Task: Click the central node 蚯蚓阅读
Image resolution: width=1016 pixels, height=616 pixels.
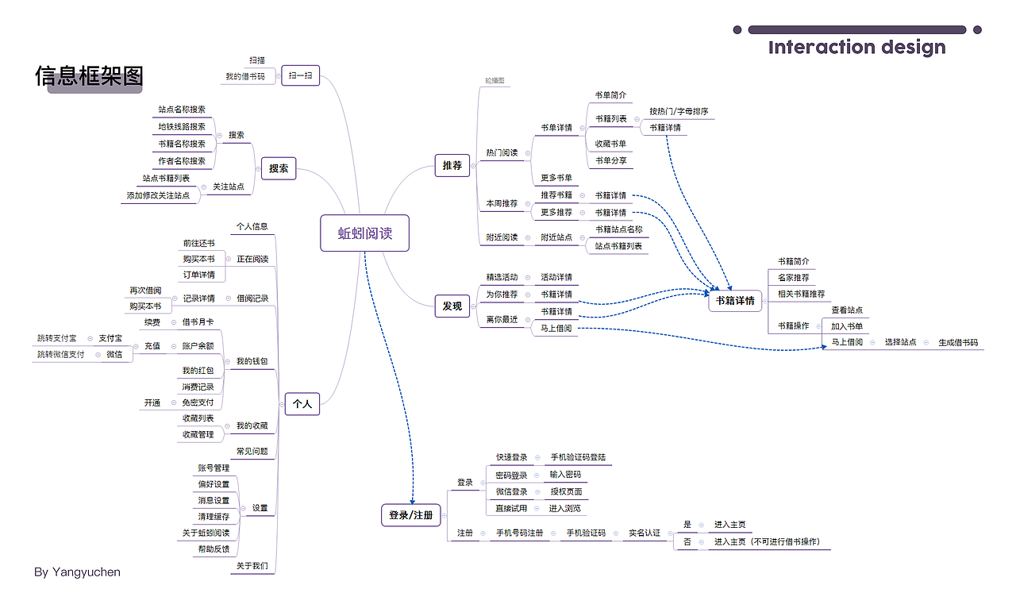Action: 364,233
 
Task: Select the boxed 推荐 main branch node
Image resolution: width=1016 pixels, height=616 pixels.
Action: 452,165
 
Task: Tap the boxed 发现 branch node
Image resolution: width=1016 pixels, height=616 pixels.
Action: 452,306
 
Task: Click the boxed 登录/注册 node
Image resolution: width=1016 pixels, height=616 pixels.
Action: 411,515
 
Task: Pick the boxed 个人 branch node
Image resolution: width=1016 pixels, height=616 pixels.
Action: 302,404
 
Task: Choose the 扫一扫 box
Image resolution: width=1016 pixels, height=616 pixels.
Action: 300,76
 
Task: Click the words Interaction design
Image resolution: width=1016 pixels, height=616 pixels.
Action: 856,48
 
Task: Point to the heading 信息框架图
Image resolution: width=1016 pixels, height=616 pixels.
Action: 89,76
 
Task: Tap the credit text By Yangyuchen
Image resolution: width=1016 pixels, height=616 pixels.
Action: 78,572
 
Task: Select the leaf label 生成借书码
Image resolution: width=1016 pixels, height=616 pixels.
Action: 958,343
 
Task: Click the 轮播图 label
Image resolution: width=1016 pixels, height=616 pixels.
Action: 495,81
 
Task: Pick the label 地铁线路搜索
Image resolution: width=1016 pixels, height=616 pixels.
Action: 182,126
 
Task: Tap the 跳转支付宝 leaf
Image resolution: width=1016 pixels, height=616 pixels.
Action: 57,338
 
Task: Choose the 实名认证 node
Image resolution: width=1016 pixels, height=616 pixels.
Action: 645,533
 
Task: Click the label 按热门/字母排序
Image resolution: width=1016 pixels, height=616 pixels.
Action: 679,111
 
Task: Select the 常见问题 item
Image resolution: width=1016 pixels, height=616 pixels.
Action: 252,451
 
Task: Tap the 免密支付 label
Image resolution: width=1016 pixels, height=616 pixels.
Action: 198,402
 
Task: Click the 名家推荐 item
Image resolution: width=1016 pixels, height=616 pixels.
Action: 794,278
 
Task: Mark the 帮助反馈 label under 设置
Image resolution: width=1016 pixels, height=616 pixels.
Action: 214,549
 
